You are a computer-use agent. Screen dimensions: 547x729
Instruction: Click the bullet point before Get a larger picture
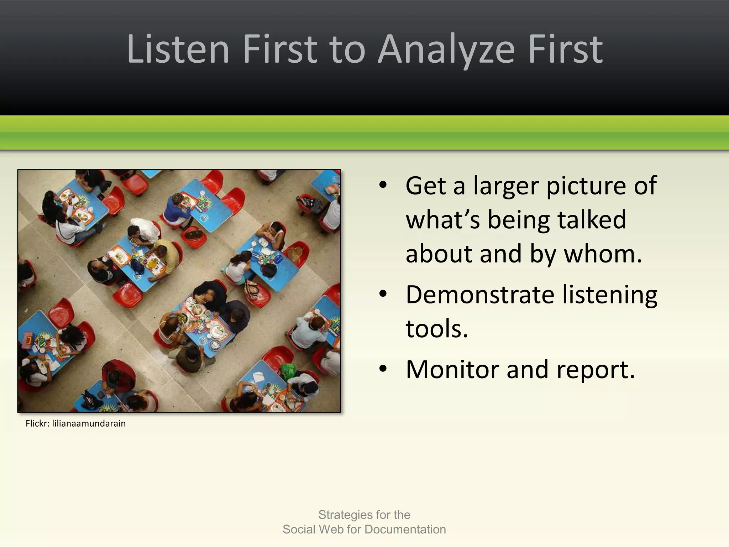tap(383, 185)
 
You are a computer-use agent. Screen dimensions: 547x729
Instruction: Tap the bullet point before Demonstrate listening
tap(383, 294)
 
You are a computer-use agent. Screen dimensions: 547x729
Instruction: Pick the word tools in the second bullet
tap(436, 328)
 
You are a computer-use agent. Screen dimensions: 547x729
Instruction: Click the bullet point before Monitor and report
tap(383, 369)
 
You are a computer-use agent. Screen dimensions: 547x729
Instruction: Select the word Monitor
tap(452, 370)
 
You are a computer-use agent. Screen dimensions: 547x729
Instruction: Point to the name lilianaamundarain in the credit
tap(89, 423)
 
